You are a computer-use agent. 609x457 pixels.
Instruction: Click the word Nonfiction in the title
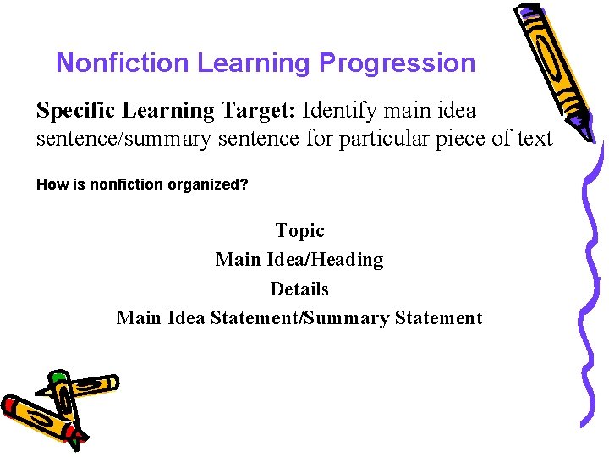point(123,63)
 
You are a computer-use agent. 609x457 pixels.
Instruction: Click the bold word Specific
point(77,111)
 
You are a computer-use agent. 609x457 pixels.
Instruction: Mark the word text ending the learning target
point(533,138)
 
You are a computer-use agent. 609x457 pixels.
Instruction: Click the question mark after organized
point(244,184)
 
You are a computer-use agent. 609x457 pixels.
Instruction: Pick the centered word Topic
point(299,230)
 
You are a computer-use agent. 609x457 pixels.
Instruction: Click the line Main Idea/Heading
point(299,260)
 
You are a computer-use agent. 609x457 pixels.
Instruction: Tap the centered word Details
point(299,289)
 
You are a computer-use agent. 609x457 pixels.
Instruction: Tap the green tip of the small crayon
point(58,377)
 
